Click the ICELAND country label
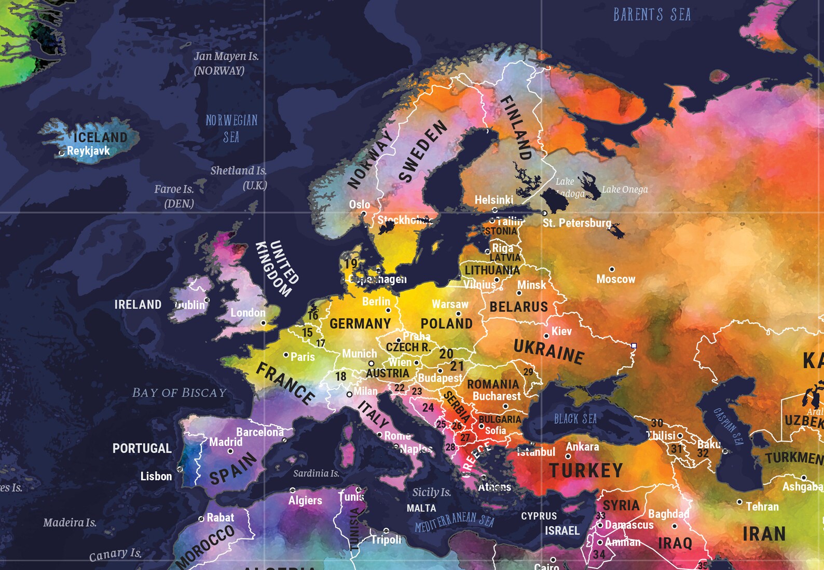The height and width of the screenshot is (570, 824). coord(100,137)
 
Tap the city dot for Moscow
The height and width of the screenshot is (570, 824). coord(612,269)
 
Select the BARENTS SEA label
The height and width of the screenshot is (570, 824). coord(652,15)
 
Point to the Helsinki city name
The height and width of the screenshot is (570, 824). coord(493,200)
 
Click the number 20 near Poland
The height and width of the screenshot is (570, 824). coord(446,354)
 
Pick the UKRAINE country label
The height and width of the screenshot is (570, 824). coord(548,351)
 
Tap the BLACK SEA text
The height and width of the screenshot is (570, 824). coord(575,419)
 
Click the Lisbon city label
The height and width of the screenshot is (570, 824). coord(156,476)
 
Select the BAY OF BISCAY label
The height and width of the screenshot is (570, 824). coord(179,393)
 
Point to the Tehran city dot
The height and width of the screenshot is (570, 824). coord(739,502)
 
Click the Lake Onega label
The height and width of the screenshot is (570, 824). coord(625,189)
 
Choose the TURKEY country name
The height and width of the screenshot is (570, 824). coord(586,470)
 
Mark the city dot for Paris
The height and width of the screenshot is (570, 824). coord(286,355)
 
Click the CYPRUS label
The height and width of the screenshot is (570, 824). coord(539,516)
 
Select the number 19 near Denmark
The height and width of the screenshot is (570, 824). coord(351,263)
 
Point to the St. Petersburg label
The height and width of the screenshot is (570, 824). coord(576,223)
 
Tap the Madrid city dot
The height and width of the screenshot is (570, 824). coord(230,451)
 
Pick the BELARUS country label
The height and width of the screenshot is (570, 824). coord(518,307)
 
